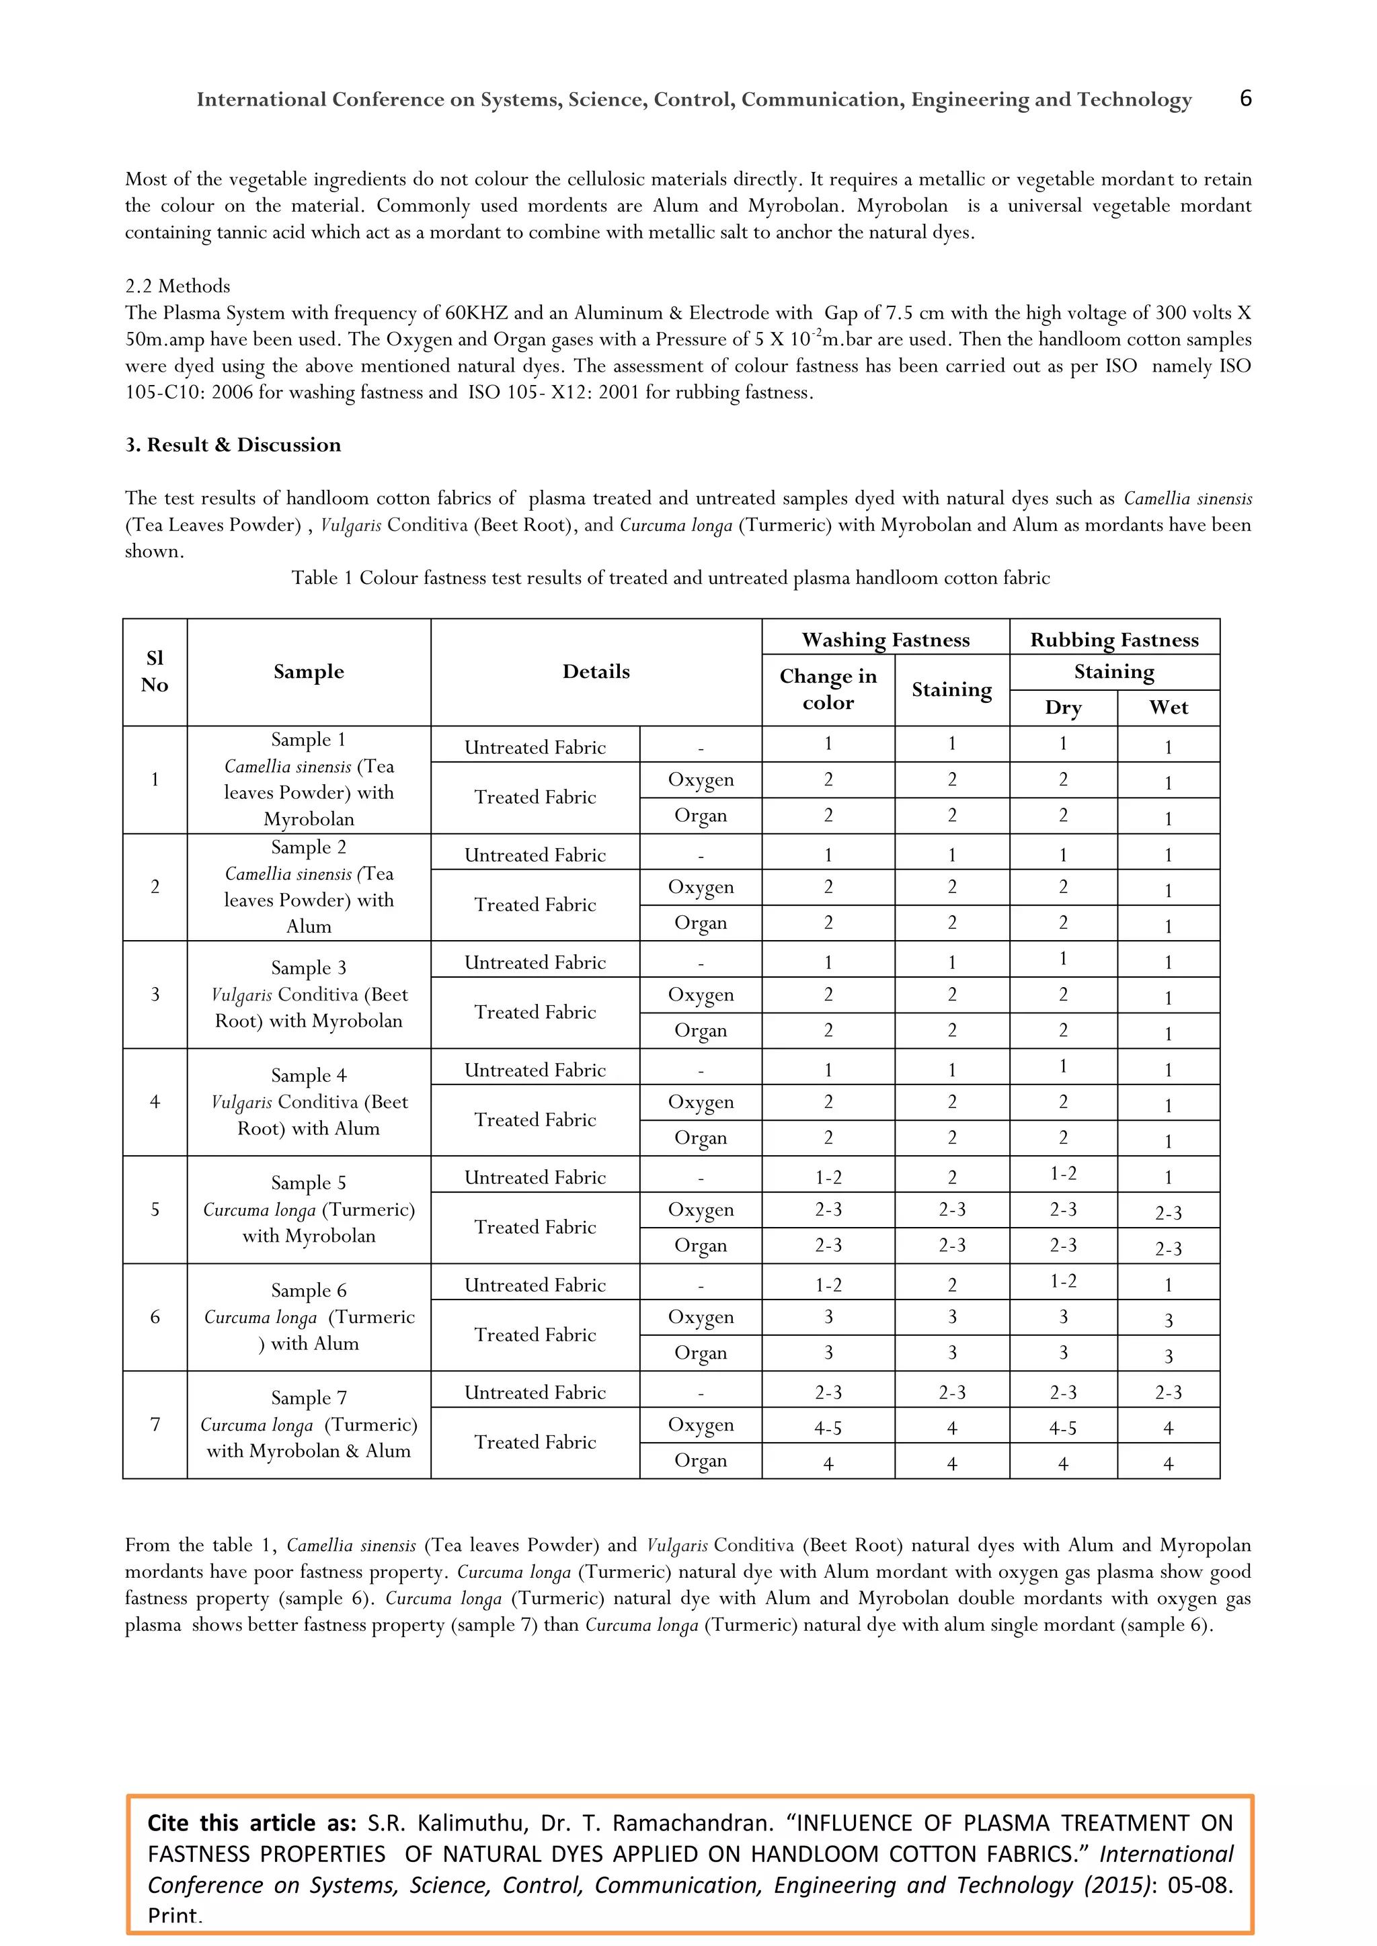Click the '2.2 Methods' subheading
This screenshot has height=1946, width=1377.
[x=178, y=286]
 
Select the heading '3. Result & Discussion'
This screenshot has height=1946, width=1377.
[x=233, y=445]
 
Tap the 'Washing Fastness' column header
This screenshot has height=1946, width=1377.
[x=886, y=639]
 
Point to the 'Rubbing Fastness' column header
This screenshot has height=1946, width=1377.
[x=1114, y=639]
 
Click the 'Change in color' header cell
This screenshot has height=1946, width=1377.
[x=828, y=689]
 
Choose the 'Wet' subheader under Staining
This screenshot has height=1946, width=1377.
[x=1168, y=708]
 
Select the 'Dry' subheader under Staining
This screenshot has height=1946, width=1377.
[x=1062, y=708]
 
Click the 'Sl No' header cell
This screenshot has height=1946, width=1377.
[x=155, y=671]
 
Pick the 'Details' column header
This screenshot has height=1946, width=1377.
[x=596, y=671]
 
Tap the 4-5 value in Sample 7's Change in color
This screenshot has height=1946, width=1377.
[x=828, y=1428]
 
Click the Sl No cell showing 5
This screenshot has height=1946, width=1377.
[x=155, y=1210]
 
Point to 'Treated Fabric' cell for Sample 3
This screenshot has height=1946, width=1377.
[x=535, y=1012]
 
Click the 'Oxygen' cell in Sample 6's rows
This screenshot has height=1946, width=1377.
[x=701, y=1317]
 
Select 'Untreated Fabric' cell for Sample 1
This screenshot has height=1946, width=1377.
[x=535, y=747]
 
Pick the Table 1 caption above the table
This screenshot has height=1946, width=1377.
[x=670, y=578]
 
